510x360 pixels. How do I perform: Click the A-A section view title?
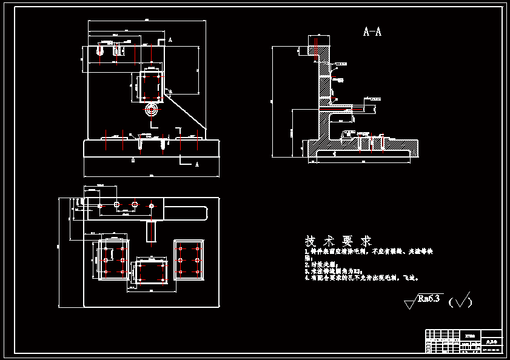click(x=372, y=32)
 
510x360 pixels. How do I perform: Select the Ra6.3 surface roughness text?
click(x=430, y=298)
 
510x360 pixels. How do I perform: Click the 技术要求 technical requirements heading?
click(x=338, y=241)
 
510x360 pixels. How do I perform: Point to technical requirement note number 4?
click(x=362, y=278)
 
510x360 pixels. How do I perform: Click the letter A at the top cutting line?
click(x=170, y=39)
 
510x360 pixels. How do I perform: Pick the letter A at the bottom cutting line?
click(x=196, y=164)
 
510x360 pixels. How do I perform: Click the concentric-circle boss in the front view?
click(x=151, y=111)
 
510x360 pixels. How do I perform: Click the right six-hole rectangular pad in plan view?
click(x=189, y=259)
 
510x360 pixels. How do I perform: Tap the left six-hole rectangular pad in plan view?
click(x=114, y=259)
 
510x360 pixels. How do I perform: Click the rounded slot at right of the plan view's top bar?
click(x=187, y=212)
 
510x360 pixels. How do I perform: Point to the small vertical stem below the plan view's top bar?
click(x=150, y=231)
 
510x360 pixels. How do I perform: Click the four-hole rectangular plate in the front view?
click(x=151, y=87)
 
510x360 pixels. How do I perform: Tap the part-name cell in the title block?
click(x=490, y=342)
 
